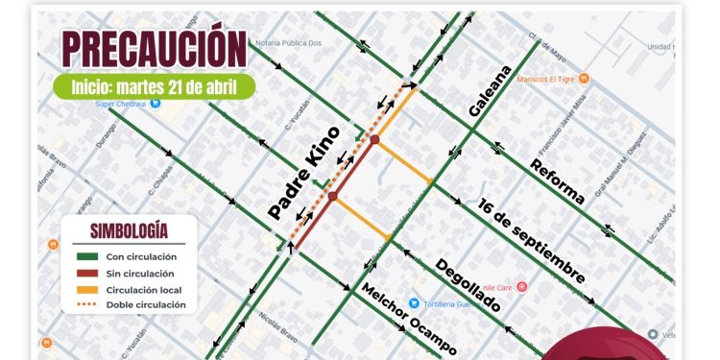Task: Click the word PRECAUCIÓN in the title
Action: click(x=154, y=49)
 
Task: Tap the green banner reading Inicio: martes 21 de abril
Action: click(x=154, y=86)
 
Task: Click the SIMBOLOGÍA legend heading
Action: click(x=129, y=230)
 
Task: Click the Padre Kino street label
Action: click(x=304, y=173)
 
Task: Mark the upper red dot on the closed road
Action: click(x=374, y=140)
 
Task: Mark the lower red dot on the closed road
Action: click(x=332, y=197)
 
